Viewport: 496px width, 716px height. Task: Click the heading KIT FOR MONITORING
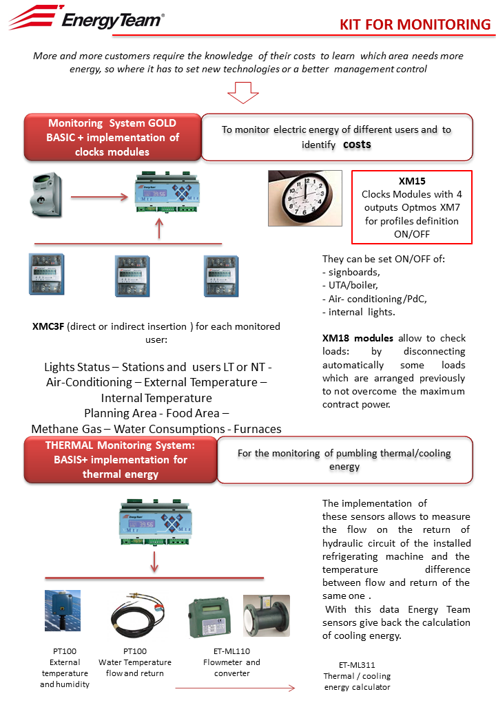[415, 24]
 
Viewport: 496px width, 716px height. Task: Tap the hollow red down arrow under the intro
[243, 93]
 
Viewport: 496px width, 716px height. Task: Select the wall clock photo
[305, 198]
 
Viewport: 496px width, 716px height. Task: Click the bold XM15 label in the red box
[412, 181]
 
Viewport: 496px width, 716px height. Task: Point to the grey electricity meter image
[46, 195]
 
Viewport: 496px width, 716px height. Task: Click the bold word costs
[357, 145]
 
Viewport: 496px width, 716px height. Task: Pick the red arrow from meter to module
[99, 197]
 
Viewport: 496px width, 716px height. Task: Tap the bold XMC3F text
[48, 326]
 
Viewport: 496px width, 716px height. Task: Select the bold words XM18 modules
[358, 338]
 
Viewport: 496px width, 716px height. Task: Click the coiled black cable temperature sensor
[137, 616]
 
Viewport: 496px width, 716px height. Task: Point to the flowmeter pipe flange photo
[267, 615]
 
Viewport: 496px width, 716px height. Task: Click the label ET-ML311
[357, 665]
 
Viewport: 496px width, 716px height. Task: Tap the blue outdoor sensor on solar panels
[63, 611]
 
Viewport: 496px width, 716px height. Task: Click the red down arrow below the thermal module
[154, 562]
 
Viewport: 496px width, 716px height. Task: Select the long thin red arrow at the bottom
[235, 688]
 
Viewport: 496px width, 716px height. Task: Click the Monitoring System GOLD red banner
[112, 137]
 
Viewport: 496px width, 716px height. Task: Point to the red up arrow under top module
[159, 229]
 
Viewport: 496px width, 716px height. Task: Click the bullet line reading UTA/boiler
[350, 286]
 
